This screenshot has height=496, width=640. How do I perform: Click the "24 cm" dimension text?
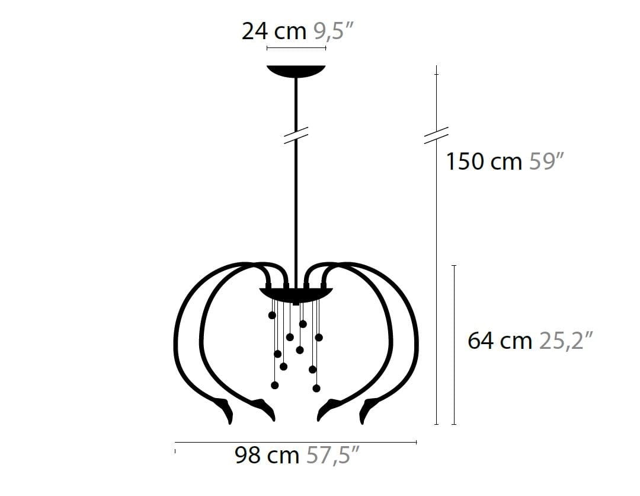tap(274, 31)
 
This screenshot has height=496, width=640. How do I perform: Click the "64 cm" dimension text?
tap(500, 341)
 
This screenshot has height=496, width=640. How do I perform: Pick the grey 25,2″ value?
tap(566, 341)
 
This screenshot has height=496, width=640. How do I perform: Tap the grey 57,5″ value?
tap(333, 455)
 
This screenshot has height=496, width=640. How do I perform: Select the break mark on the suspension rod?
tap(296, 135)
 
